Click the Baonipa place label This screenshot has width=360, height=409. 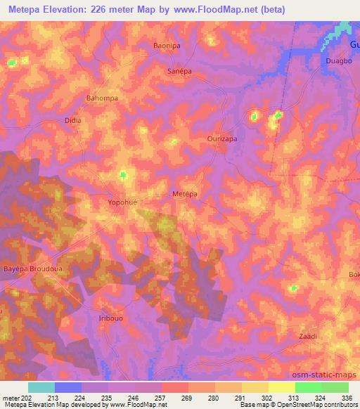click(x=168, y=45)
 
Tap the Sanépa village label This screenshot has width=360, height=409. click(x=179, y=72)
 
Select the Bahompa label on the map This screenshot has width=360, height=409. click(x=101, y=98)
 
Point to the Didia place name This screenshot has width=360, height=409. click(x=73, y=120)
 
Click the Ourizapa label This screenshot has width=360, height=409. click(x=221, y=139)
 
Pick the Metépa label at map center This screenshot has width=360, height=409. click(x=185, y=193)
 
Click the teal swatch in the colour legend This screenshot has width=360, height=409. click(x=41, y=387)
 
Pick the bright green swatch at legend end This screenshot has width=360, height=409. click(x=335, y=387)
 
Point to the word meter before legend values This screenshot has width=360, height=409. click(x=11, y=398)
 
